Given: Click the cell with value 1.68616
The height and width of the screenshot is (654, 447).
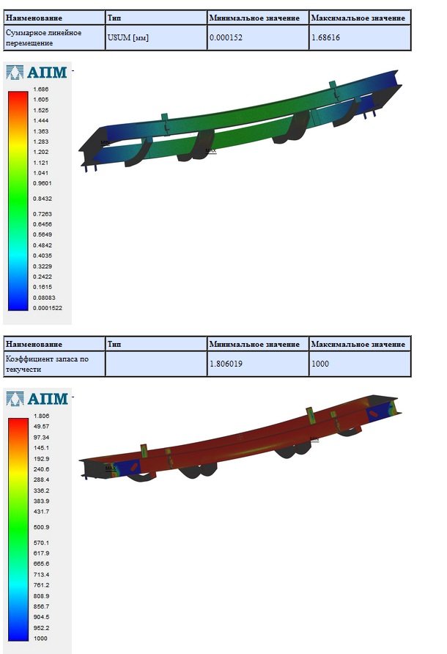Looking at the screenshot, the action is pos(360,37).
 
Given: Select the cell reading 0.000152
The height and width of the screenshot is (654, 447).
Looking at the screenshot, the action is pos(258,37).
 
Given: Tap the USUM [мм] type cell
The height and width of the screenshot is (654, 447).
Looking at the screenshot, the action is pos(156,37).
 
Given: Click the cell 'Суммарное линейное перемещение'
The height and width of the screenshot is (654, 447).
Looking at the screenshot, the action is pos(54,37).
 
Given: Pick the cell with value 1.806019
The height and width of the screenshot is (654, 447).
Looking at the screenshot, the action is pos(258,364).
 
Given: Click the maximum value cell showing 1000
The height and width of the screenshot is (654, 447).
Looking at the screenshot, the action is pos(360,364).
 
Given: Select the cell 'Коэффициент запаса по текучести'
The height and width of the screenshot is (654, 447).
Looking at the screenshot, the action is pos(54,364).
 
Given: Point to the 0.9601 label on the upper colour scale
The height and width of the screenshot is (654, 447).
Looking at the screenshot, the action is pos(42,183).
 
